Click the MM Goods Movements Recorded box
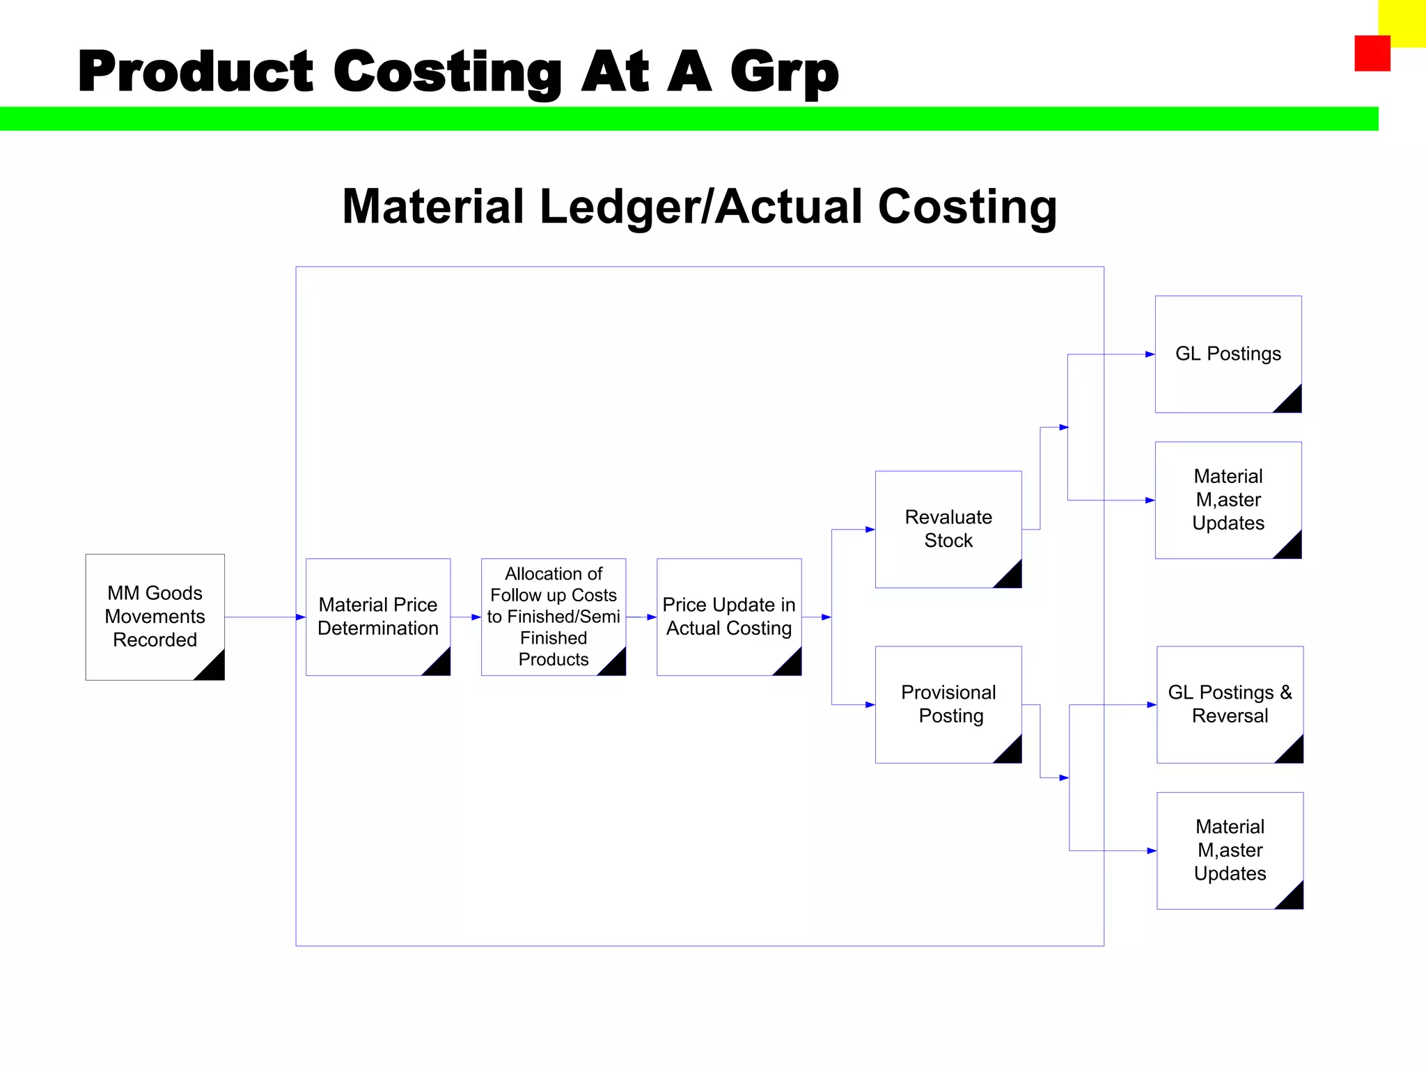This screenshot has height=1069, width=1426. pos(155,617)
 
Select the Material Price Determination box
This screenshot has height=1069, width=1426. pos(378,617)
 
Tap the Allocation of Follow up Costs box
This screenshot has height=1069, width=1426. pos(554,617)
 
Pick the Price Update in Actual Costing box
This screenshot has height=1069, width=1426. pos(729,617)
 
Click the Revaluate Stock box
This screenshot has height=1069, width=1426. pos(948,529)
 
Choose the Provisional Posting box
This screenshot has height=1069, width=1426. pos(948,704)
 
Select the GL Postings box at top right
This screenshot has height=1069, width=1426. pos(1228,354)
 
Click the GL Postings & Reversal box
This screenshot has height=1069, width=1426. pos(1230,704)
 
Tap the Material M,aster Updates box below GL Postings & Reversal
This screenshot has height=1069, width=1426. pos(1230,850)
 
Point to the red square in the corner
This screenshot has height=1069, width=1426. pos(1372,54)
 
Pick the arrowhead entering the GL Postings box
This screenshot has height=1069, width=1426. pos(1150,354)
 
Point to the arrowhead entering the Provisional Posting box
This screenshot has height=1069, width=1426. pos(870,705)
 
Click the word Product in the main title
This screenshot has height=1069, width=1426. pos(196,72)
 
